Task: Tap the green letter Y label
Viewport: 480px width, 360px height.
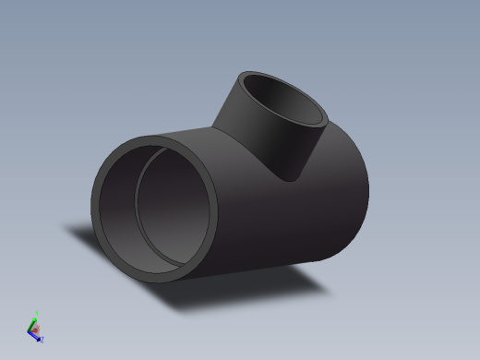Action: [x=36, y=312]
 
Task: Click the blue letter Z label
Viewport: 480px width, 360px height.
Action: [x=42, y=340]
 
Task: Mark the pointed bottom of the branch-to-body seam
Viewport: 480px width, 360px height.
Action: [x=293, y=179]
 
